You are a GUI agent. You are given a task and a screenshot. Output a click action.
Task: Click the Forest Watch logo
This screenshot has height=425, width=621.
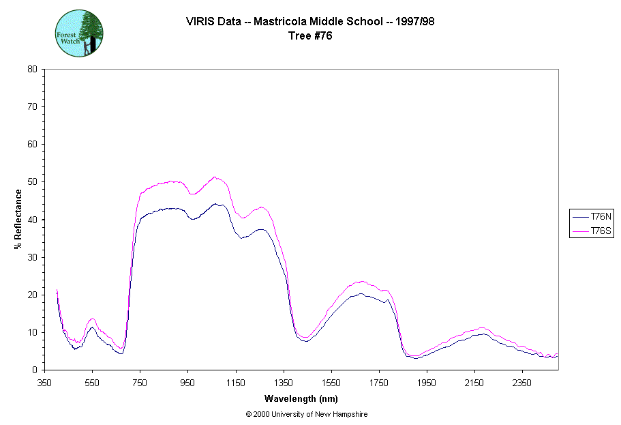point(79,33)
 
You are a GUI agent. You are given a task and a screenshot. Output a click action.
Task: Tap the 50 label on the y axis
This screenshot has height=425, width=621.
point(32,182)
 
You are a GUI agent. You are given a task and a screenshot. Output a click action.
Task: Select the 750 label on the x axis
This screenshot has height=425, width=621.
point(140,383)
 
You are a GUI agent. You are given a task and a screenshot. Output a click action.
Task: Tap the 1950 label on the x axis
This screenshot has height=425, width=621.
point(427,383)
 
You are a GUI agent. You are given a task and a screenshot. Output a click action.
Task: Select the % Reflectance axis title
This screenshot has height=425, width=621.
point(18,219)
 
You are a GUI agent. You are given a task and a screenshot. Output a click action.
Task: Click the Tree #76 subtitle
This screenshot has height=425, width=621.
point(311,36)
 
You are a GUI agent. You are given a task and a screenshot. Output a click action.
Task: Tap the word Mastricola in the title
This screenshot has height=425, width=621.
point(280,21)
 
